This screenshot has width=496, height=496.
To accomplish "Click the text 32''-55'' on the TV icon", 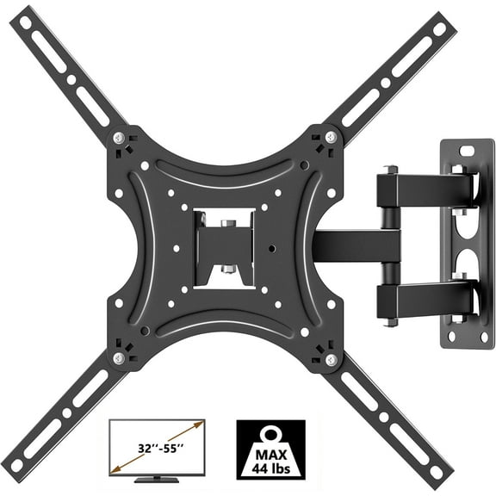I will (x=160, y=448).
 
